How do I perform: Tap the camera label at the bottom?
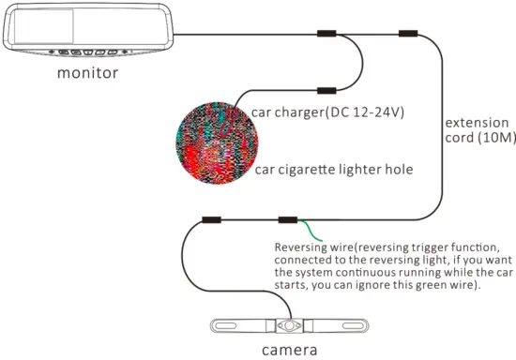pos(289,351)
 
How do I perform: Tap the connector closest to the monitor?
pos(327,34)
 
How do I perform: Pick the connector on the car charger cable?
pos(327,91)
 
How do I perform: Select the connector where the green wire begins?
pos(287,221)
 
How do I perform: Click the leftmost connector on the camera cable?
pos(212,221)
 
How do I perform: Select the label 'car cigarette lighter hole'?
pos(333,170)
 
